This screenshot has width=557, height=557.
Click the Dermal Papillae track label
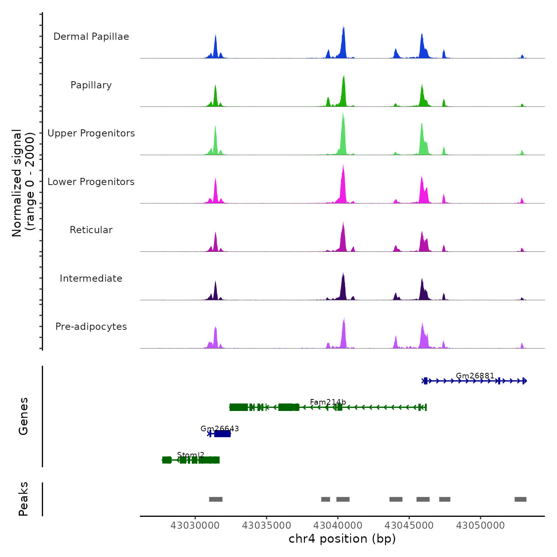pos(91,37)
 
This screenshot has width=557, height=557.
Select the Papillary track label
pos(91,85)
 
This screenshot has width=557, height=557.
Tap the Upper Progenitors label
pos(91,133)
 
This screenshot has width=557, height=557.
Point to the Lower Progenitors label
pos(91,182)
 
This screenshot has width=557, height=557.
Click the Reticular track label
pos(91,230)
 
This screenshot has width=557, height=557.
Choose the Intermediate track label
pos(91,278)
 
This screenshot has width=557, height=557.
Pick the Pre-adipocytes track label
pos(91,327)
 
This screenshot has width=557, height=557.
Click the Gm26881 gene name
pos(475,376)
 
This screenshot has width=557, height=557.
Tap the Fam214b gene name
pos(328,402)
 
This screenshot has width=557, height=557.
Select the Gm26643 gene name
pos(220,428)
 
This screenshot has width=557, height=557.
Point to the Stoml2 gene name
pos(191,455)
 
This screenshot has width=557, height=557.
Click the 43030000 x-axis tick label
pos(195,526)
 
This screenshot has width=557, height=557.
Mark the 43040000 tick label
pos(338,526)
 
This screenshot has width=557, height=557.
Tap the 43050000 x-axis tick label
pos(480,526)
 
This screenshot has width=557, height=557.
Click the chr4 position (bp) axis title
pos(342,539)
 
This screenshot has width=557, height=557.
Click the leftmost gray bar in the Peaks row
pos(216,499)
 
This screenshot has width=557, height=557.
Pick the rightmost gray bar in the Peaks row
pos(520,499)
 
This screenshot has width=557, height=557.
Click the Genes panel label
pos(23,416)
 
